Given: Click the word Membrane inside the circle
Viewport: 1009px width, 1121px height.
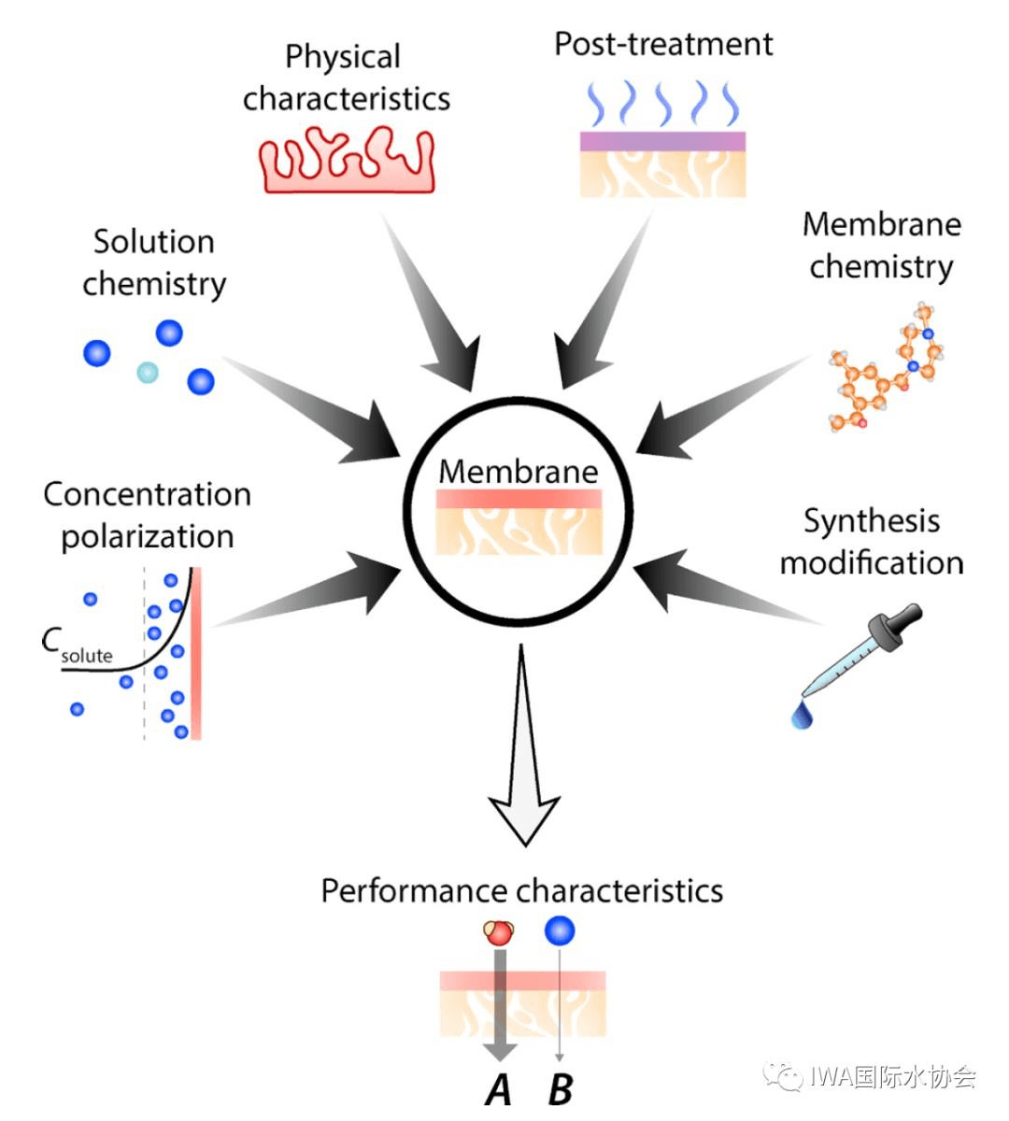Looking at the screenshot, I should (x=519, y=471).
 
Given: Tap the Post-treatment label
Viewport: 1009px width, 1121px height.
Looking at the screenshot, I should (x=663, y=44).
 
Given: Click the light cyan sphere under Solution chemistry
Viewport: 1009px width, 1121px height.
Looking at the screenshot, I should (x=147, y=373).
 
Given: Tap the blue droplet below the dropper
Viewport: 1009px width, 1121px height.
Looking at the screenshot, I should (x=801, y=716).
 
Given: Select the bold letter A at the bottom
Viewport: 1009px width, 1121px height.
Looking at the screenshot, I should (x=500, y=1089).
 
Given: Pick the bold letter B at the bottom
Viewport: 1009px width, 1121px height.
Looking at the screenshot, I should (x=560, y=1089).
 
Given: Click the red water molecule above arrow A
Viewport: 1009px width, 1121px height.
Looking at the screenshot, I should (x=499, y=931).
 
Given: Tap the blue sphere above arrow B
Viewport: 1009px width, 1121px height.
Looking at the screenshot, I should (x=559, y=929).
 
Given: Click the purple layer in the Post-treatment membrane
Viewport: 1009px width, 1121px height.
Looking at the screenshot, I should (x=662, y=141).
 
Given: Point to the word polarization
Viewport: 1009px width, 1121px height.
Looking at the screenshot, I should (x=148, y=536).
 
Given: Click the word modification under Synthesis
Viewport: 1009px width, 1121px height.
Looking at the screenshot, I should (x=872, y=562).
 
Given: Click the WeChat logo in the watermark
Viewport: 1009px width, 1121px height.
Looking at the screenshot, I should (x=783, y=1076).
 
